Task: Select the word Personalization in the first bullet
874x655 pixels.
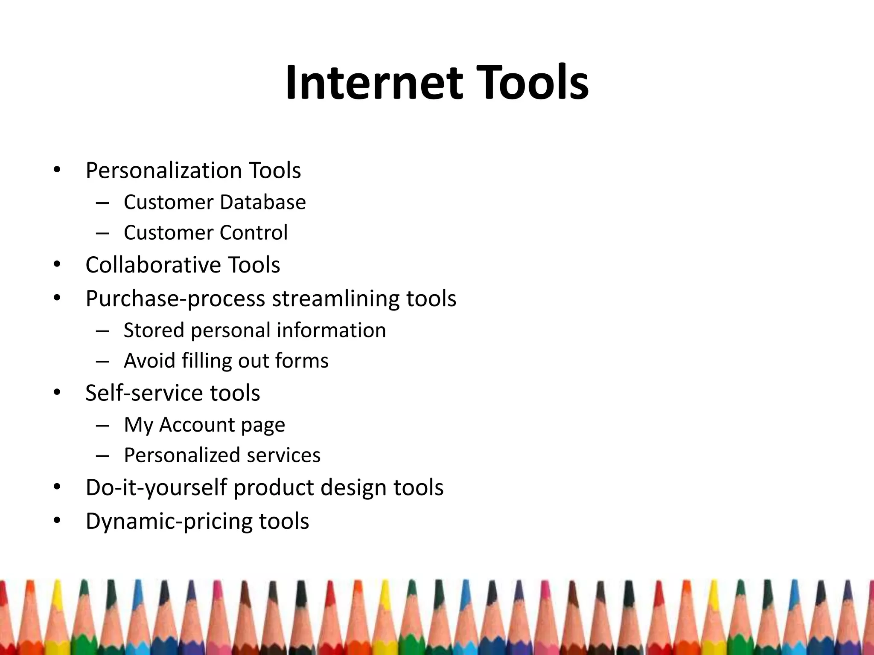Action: click(x=163, y=171)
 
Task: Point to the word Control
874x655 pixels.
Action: click(x=253, y=233)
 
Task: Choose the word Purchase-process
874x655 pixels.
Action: click(x=175, y=299)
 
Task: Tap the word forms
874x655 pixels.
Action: click(x=302, y=361)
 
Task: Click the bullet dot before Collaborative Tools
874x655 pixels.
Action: click(x=57, y=265)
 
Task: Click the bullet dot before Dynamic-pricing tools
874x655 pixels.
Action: click(x=57, y=521)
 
